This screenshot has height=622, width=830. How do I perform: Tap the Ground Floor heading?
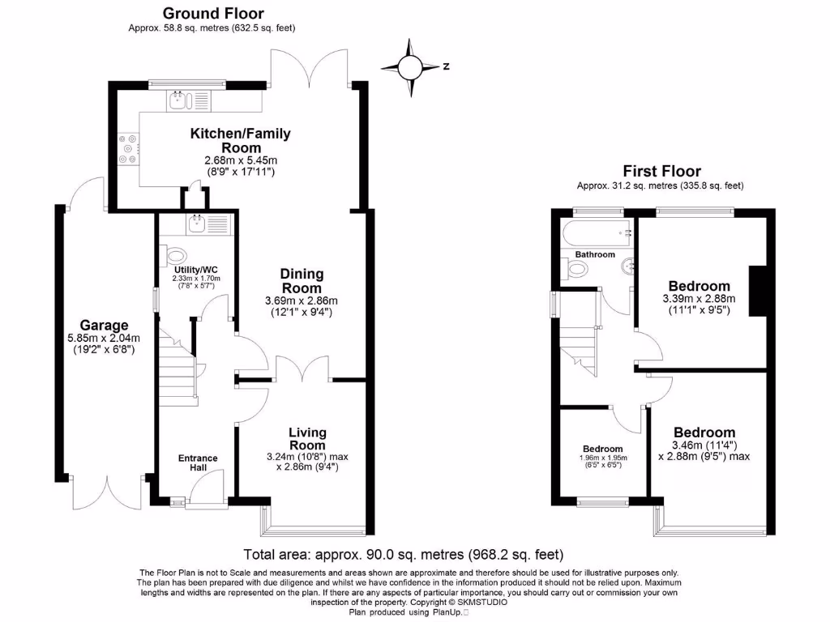click(x=213, y=13)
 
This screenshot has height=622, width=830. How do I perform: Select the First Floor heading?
click(x=661, y=171)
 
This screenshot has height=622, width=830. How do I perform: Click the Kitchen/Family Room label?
click(x=240, y=140)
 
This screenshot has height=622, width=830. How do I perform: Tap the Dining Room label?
click(x=302, y=281)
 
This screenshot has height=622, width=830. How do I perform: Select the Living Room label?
click(x=307, y=438)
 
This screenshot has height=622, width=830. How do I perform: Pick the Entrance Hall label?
click(x=198, y=463)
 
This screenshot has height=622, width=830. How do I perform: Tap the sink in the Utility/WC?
click(x=197, y=224)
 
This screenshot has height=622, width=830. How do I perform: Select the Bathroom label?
click(x=595, y=254)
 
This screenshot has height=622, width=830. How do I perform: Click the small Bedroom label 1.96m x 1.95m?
click(x=602, y=449)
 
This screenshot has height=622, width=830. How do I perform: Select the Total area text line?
click(x=403, y=555)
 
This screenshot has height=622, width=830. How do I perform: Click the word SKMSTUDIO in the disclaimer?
click(x=482, y=603)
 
